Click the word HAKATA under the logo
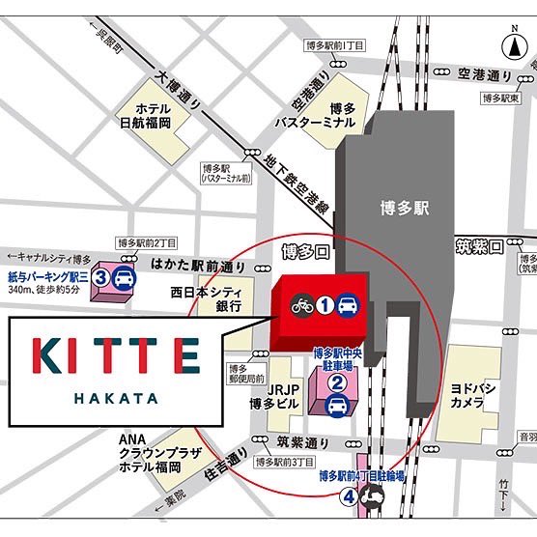click(115, 395)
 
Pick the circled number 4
click(347, 497)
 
